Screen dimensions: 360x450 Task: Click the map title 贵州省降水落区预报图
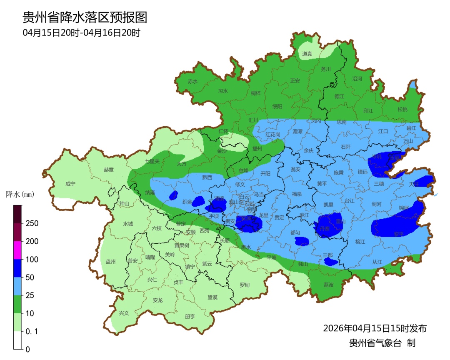[x=85, y=17]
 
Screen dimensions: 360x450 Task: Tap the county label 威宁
[x=71, y=184]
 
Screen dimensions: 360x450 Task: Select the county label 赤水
[x=192, y=82]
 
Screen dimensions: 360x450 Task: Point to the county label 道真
[x=307, y=54]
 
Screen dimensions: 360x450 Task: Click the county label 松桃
[x=402, y=110]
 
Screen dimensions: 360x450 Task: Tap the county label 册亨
[x=190, y=316]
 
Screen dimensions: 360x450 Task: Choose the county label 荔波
[x=329, y=285]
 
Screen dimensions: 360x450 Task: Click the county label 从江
[x=377, y=262]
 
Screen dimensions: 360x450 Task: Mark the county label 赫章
[x=109, y=170]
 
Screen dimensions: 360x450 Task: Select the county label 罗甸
[x=245, y=285]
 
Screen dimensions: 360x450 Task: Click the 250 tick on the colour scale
[x=32, y=223]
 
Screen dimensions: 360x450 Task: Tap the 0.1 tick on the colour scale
[x=32, y=332]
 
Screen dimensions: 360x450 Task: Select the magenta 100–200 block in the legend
[x=17, y=250]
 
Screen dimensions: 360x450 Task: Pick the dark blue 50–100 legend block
[x=17, y=268]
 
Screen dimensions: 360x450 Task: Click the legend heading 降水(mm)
[x=20, y=194]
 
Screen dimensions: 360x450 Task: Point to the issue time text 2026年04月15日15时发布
[x=375, y=328]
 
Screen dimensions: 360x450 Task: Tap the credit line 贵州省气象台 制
[x=382, y=343]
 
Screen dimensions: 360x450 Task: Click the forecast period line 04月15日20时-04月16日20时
[x=81, y=32]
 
